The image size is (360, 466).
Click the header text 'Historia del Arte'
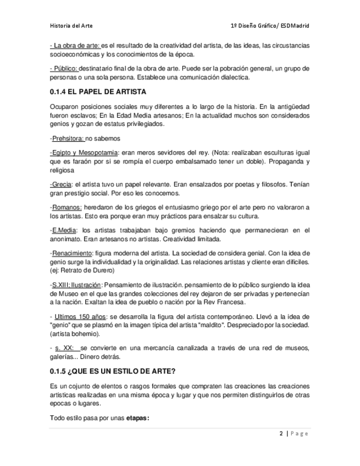click(x=71, y=25)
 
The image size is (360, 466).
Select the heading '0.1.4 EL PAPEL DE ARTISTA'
click(x=97, y=91)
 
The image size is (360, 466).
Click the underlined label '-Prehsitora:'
click(x=67, y=138)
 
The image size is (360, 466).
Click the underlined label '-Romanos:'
click(x=66, y=207)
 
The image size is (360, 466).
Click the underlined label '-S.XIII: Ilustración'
click(x=76, y=285)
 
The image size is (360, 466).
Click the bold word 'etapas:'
click(x=137, y=418)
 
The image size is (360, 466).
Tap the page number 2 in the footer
click(x=281, y=434)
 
